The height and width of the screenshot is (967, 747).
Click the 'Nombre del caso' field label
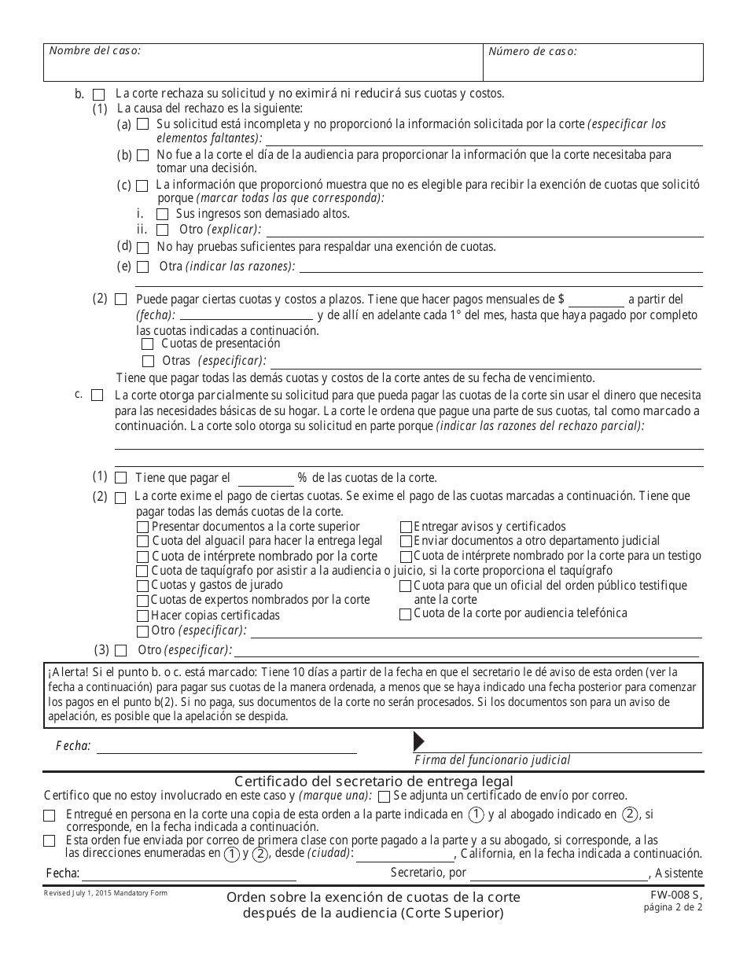click(95, 50)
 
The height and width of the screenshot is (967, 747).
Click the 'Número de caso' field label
click(532, 51)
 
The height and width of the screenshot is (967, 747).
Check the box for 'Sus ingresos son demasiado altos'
click(162, 214)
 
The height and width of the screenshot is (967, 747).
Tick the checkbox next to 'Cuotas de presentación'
click(147, 344)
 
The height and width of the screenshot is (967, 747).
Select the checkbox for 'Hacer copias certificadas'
click(142, 616)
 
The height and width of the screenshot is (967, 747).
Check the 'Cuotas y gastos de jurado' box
click(142, 586)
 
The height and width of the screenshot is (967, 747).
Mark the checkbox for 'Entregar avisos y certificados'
click(406, 527)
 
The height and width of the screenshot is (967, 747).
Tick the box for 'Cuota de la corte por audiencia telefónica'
click(405, 614)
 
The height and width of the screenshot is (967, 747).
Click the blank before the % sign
click(265, 479)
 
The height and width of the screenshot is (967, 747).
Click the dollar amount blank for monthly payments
click(596, 300)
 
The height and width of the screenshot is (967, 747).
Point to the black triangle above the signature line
click(418, 741)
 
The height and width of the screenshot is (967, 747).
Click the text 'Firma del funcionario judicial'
click(492, 760)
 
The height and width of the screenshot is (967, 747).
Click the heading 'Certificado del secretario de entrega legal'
click(373, 781)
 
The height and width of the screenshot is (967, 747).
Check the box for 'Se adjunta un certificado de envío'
click(383, 796)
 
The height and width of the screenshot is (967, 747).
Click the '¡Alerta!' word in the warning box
click(67, 672)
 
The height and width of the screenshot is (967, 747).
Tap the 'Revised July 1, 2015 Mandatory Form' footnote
click(105, 893)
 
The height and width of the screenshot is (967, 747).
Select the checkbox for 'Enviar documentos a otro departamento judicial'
click(406, 542)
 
